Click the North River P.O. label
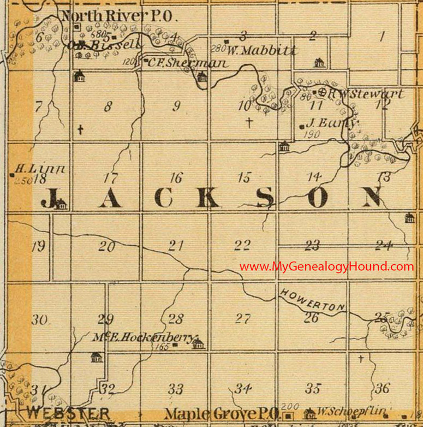118,16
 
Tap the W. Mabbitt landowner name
262,51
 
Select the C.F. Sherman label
187,63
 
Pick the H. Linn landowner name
40,169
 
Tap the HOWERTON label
313,301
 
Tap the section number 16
175,177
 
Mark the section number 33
176,389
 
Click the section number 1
383,37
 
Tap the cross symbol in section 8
80,129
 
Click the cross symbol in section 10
249,122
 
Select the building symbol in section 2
319,62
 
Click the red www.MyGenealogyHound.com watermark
326,266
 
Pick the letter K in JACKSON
208,198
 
